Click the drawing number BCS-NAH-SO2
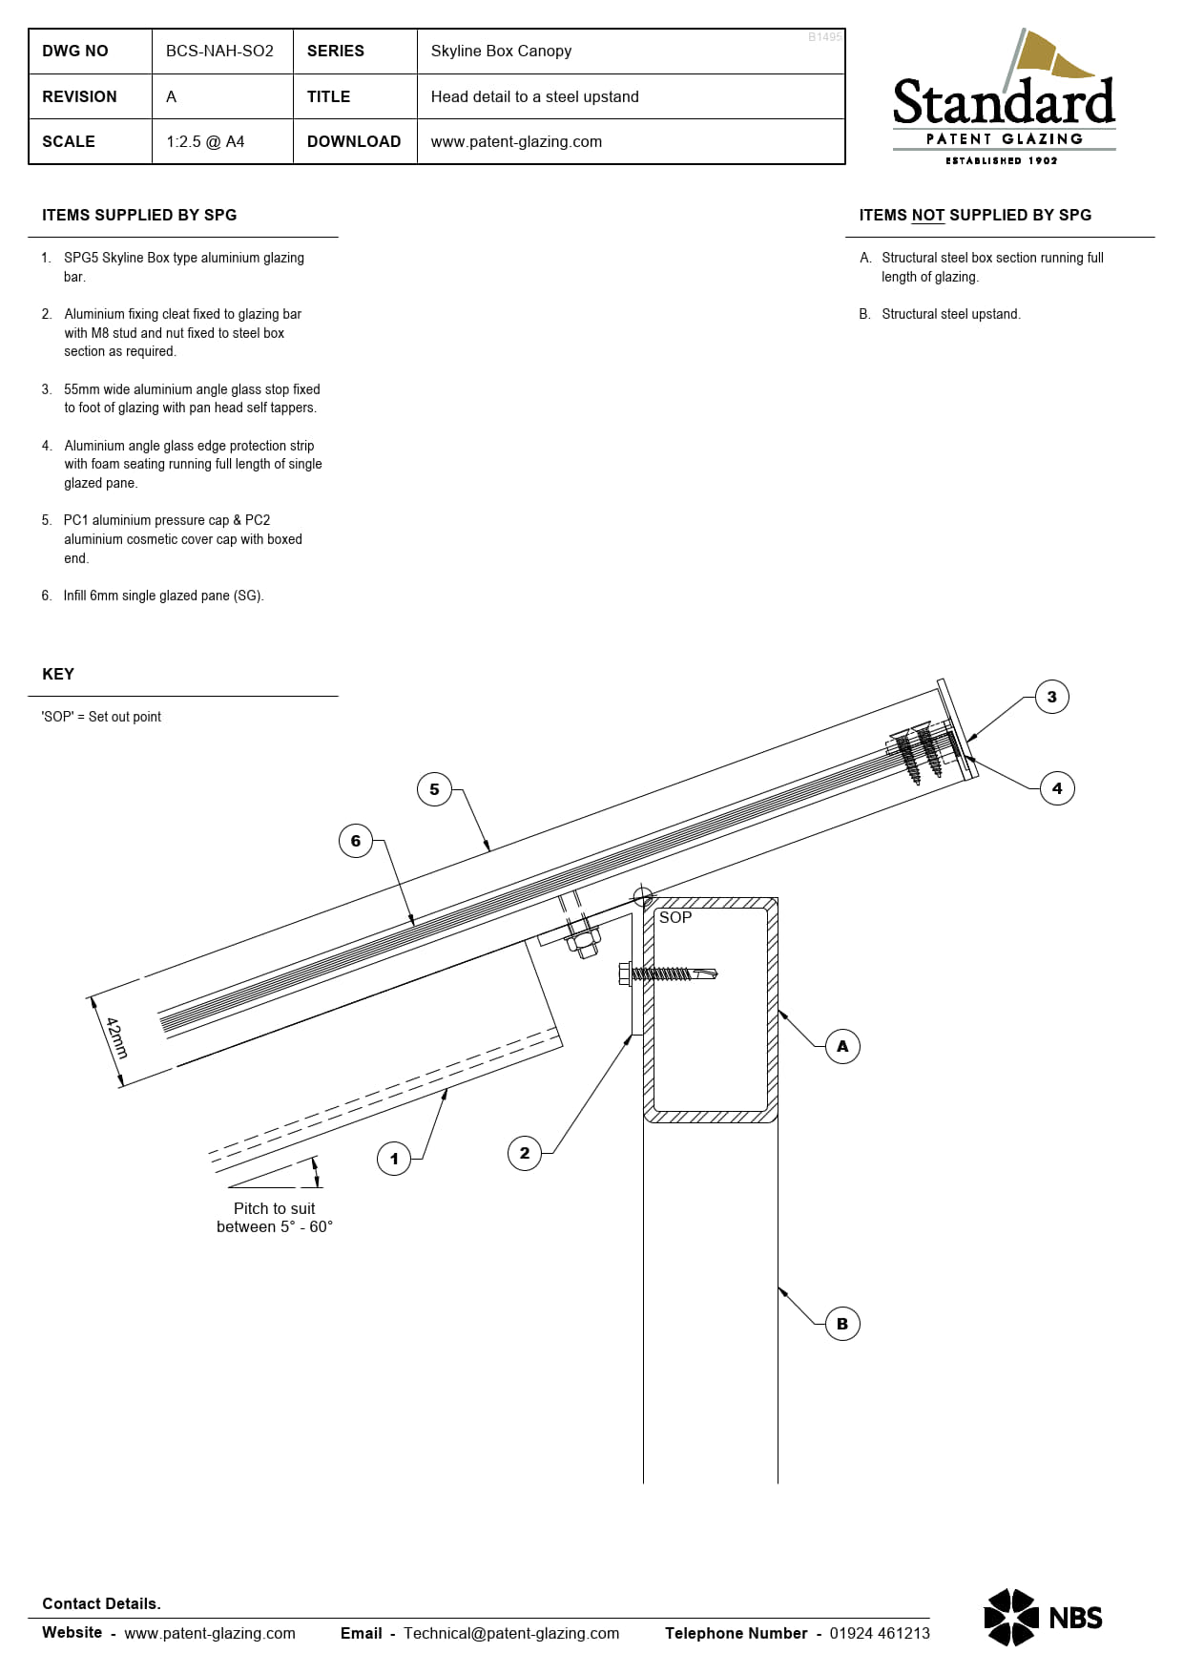click(219, 52)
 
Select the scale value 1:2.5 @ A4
click(205, 142)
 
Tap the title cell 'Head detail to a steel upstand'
click(534, 97)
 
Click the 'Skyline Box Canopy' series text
click(501, 52)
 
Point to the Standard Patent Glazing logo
click(1004, 100)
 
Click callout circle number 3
click(1051, 697)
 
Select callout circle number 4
click(1056, 788)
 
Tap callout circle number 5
click(434, 789)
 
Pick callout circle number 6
click(356, 841)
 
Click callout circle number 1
click(394, 1159)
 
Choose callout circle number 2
click(525, 1153)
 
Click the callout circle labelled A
click(842, 1046)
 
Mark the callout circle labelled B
click(842, 1324)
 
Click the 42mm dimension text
click(116, 1038)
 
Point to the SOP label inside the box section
click(675, 917)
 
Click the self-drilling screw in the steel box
click(668, 973)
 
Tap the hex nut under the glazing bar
click(582, 943)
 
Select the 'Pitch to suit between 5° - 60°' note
click(274, 1217)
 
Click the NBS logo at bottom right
click(1042, 1618)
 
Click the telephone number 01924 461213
click(879, 1633)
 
